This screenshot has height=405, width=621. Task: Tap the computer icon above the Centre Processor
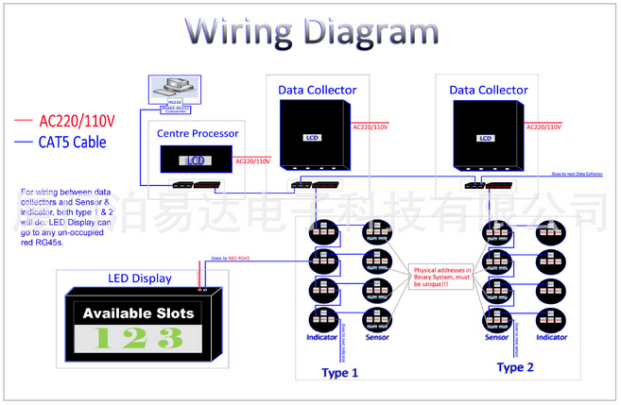tap(175, 89)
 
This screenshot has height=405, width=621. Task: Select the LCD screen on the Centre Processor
tap(195, 160)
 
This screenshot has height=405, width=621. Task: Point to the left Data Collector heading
tap(318, 90)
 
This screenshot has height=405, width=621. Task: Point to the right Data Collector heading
tap(489, 90)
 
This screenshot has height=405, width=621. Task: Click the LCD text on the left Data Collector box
tap(313, 138)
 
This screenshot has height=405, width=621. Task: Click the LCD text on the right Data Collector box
tap(486, 138)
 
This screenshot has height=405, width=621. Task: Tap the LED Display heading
tap(140, 278)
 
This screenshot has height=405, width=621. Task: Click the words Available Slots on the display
tap(138, 312)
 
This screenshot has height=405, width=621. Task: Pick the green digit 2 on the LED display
tap(138, 338)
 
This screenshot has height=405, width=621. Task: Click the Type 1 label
tap(340, 372)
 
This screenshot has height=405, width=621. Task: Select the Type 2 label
tap(515, 367)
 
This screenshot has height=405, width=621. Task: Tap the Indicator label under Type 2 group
tap(552, 337)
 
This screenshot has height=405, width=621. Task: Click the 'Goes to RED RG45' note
tap(230, 258)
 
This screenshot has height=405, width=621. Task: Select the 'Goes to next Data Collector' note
tap(576, 174)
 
